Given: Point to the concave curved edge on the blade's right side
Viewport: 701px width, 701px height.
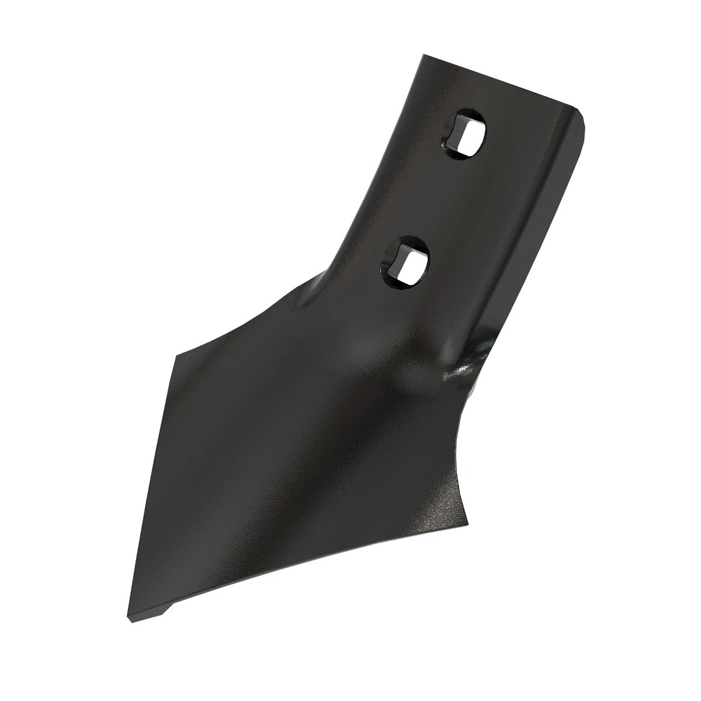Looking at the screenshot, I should pos(461,456).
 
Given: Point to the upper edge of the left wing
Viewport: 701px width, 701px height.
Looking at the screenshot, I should pos(245,321).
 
